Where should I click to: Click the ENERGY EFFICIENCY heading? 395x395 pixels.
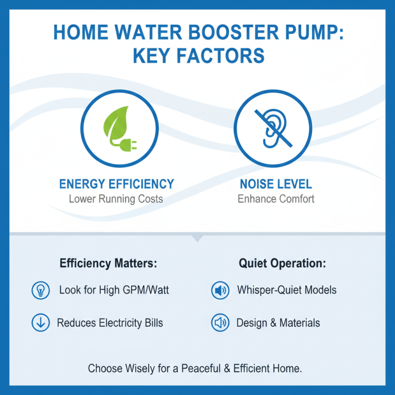pos(117,184)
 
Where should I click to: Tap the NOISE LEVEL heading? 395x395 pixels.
pos(276,184)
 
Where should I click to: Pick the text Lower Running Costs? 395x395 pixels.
pos(116,199)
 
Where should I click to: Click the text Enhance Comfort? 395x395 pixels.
pos(276,199)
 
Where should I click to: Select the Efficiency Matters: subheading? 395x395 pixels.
pos(108,263)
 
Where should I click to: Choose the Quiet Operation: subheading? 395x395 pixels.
pos(282,263)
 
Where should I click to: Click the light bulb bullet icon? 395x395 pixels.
pos(40,290)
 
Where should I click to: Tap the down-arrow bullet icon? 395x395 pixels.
pos(40,323)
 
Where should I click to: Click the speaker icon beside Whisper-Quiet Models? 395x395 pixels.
pos(220,290)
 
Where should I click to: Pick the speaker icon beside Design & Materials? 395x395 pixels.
pos(220,323)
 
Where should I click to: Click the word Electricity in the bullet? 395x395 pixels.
pos(120,323)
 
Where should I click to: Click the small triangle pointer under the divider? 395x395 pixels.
pos(197,238)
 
